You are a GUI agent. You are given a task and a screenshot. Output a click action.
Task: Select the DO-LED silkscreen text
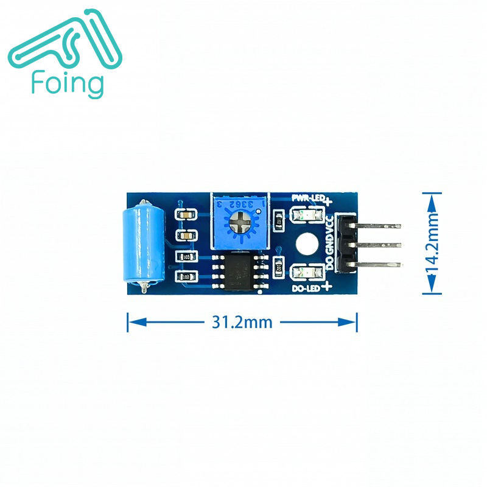click(x=306, y=288)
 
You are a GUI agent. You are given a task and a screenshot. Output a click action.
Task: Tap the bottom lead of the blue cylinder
click(x=142, y=286)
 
